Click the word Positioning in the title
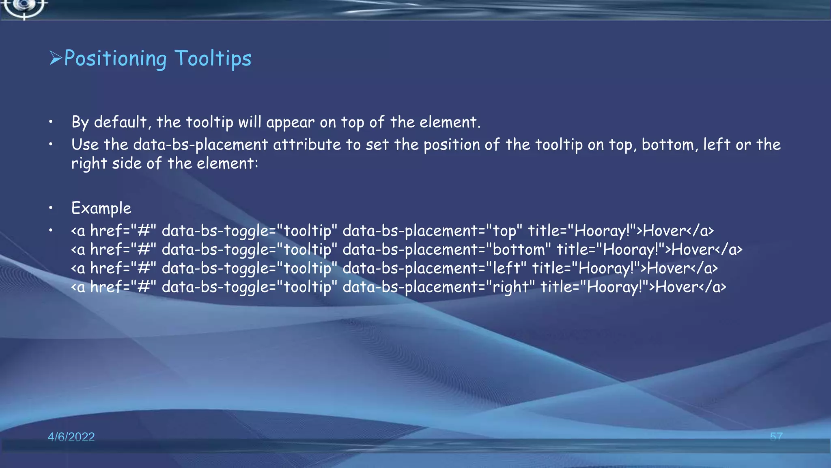pyautogui.click(x=115, y=58)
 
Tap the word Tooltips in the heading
pyautogui.click(x=213, y=58)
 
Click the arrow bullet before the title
pyautogui.click(x=56, y=58)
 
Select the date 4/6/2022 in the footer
pyautogui.click(x=71, y=437)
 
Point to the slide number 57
pyautogui.click(x=776, y=437)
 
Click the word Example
pyautogui.click(x=101, y=208)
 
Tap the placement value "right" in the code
pyautogui.click(x=510, y=287)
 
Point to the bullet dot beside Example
pyautogui.click(x=50, y=208)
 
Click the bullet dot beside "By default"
pyautogui.click(x=50, y=122)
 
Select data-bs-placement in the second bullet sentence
pyautogui.click(x=200, y=145)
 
